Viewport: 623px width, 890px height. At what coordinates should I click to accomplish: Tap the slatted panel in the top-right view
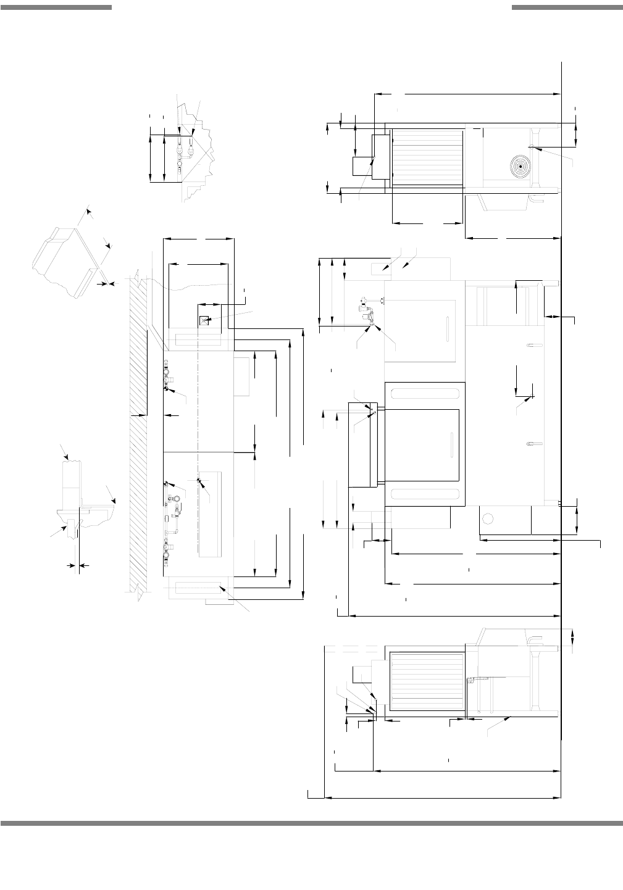(x=427, y=156)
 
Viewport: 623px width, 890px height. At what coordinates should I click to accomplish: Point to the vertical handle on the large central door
(x=452, y=444)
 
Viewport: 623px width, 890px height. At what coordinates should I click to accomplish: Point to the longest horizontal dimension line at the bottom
(x=443, y=798)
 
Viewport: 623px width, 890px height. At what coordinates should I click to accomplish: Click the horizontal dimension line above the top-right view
(x=467, y=94)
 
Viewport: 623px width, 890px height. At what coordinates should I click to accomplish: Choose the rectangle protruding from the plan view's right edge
(x=242, y=376)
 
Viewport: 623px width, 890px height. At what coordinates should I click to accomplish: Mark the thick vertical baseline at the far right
(x=561, y=432)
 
